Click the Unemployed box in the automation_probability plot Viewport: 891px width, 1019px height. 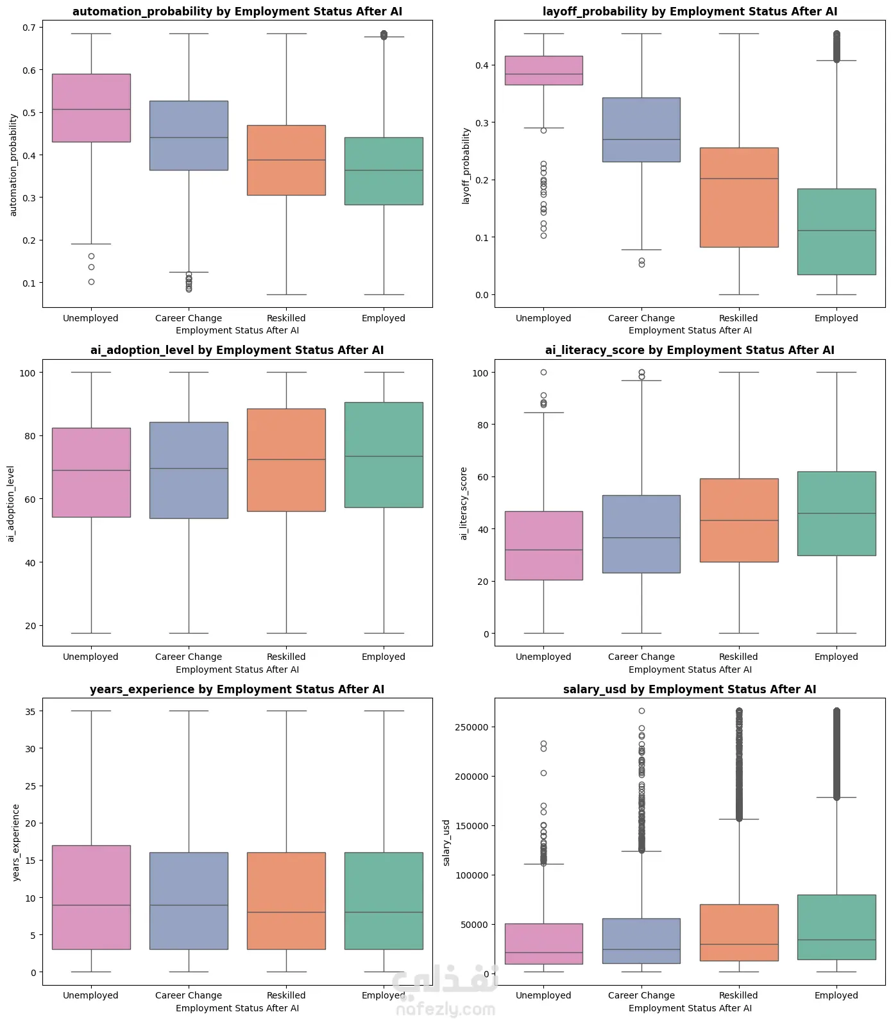91,108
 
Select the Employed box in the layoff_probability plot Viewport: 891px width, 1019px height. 836,232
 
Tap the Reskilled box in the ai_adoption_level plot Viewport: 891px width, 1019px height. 286,460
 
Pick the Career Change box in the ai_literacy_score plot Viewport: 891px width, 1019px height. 641,534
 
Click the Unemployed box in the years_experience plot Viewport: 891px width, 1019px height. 91,897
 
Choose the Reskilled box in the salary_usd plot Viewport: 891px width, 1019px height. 739,932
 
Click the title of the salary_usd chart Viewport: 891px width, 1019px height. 690,689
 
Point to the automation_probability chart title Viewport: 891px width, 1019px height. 237,12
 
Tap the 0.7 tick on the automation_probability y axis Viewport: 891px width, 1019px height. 29,28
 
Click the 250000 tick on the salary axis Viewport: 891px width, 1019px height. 471,727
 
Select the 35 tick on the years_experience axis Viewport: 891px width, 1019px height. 30,711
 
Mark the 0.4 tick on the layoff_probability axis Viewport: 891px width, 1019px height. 482,65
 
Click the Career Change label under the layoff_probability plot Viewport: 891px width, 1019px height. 641,318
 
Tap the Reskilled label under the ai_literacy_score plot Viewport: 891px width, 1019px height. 738,657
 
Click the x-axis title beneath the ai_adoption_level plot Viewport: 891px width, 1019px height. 237,670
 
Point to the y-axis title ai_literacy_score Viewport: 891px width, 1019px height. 464,503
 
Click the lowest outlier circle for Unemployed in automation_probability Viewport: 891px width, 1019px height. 91,282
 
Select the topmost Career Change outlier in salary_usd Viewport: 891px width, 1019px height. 641,711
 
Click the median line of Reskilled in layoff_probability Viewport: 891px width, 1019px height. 739,178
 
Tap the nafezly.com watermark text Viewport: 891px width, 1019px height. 446,1009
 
